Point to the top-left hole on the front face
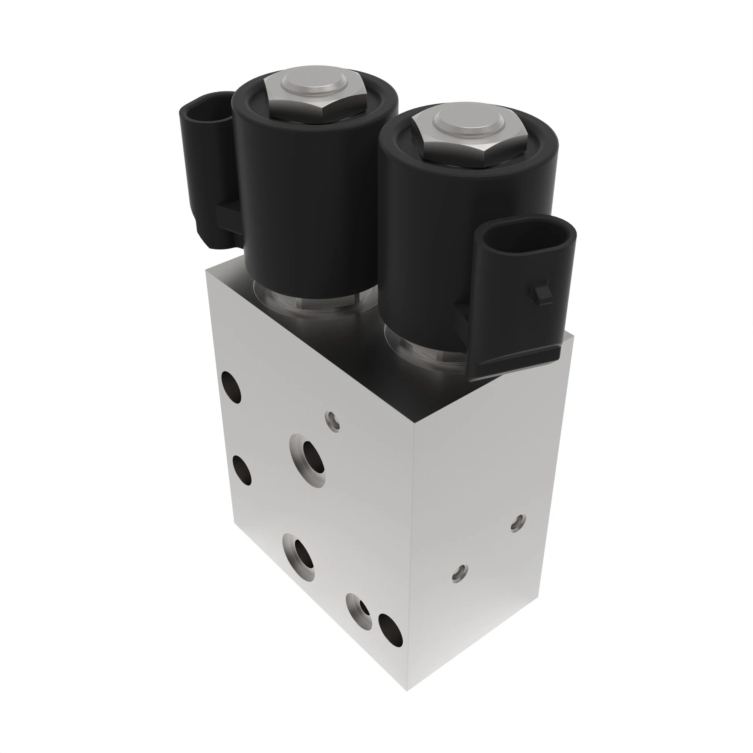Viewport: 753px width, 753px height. pos(231,387)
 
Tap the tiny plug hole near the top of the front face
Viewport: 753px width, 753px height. pos(332,421)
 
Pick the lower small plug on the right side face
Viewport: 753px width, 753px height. pos(460,573)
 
